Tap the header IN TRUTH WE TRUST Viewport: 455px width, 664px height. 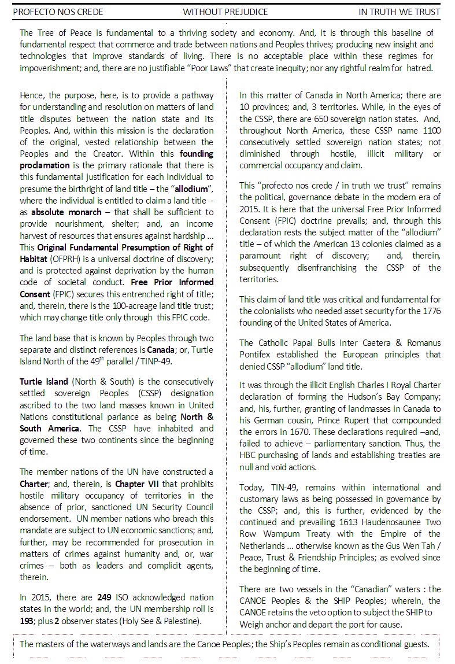(399, 12)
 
